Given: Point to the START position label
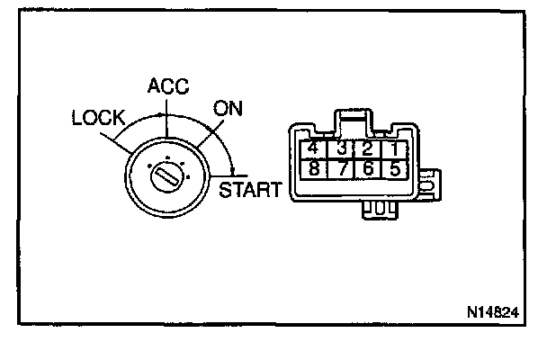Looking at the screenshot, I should coord(250,190).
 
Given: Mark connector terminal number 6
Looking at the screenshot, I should coord(367,168).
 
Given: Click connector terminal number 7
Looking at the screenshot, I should coord(342,168).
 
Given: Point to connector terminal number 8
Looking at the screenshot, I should coord(315,168).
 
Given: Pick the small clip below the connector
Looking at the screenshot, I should coord(380,209).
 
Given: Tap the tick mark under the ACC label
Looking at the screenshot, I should coord(164,114).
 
